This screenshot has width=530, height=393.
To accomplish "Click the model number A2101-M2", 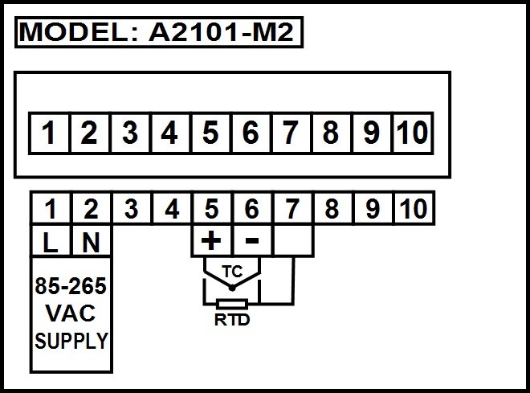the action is [221, 32].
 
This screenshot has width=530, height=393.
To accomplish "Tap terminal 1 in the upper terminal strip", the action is [49, 133].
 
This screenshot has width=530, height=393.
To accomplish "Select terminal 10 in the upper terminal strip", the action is [413, 133].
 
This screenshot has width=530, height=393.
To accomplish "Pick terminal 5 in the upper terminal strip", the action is [210, 133].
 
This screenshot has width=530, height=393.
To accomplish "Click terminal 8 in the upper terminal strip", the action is [331, 133].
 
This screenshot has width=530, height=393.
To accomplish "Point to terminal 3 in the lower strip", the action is [131, 208].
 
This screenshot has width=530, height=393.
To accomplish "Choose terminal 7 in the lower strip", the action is [292, 208].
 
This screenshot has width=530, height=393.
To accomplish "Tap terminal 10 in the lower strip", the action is [414, 208].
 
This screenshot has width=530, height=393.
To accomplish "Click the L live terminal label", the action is [51, 242].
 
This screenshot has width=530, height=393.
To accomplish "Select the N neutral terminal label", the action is [91, 242].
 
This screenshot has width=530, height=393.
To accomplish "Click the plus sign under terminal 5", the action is [211, 240].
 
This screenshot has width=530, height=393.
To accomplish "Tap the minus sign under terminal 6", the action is [252, 240].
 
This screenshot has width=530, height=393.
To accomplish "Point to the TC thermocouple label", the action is [232, 272].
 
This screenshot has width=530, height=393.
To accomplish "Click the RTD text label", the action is [232, 320].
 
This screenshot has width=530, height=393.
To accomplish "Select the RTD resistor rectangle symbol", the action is [232, 304].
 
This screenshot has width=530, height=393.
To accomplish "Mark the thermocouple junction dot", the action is [232, 289].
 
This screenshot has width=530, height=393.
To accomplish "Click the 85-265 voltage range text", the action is [71, 286].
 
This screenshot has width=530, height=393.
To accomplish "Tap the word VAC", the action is [71, 313].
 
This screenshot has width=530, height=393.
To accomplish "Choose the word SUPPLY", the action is [71, 341].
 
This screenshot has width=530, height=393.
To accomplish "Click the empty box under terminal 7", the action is [293, 240].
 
